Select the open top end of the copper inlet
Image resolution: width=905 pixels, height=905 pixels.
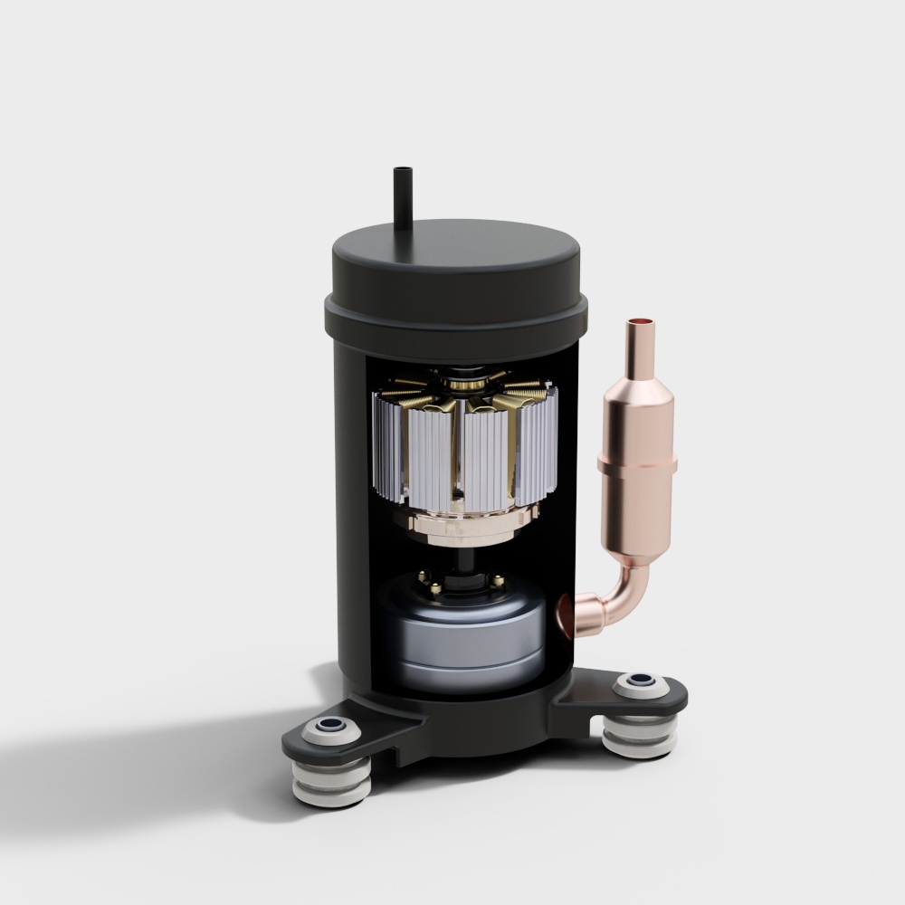coord(642,321)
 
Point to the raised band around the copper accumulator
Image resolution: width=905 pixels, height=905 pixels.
coord(637,464)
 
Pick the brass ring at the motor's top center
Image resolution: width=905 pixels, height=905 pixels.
coord(467,384)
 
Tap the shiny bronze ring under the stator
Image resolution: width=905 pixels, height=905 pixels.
coord(463,523)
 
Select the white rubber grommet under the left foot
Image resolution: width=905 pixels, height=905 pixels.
coord(331,784)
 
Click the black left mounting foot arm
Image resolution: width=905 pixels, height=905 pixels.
coord(362,733)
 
